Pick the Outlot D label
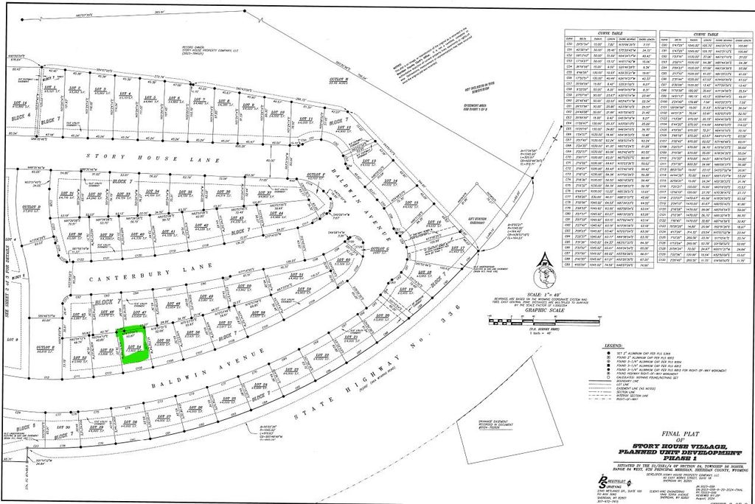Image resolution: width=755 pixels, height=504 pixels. [30, 209]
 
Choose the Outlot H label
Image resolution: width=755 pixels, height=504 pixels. [338, 80]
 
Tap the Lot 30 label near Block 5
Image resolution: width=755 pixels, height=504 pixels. [63, 427]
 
